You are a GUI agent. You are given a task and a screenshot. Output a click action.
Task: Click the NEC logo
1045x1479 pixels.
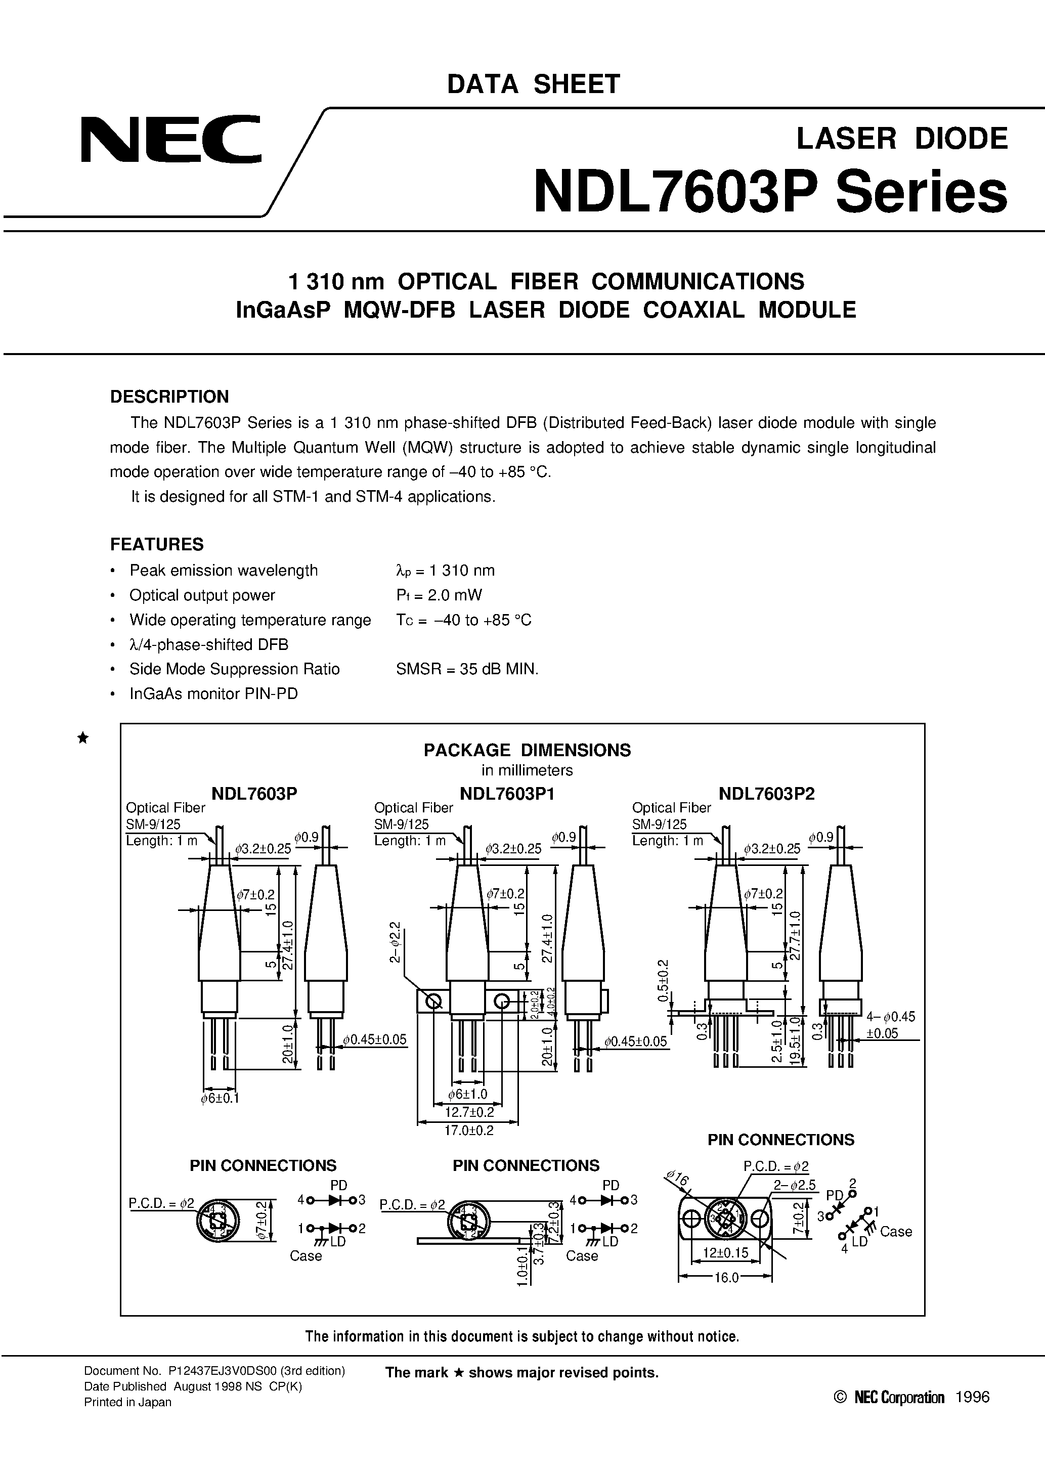pos(171,139)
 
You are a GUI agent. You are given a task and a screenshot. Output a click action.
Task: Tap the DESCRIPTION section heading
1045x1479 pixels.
pos(169,396)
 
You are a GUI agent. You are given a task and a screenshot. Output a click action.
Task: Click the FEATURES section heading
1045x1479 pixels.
pos(157,544)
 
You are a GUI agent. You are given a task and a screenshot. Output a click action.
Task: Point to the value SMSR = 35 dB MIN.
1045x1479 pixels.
pos(467,669)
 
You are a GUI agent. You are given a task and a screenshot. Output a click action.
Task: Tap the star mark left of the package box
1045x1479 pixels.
pos(82,738)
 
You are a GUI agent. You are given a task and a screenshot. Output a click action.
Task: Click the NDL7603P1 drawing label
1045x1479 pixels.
pos(507,794)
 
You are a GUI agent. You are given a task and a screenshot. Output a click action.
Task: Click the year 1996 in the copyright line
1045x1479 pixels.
pos(972,1397)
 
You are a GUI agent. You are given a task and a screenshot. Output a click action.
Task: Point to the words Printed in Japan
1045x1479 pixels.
pos(127,1402)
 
